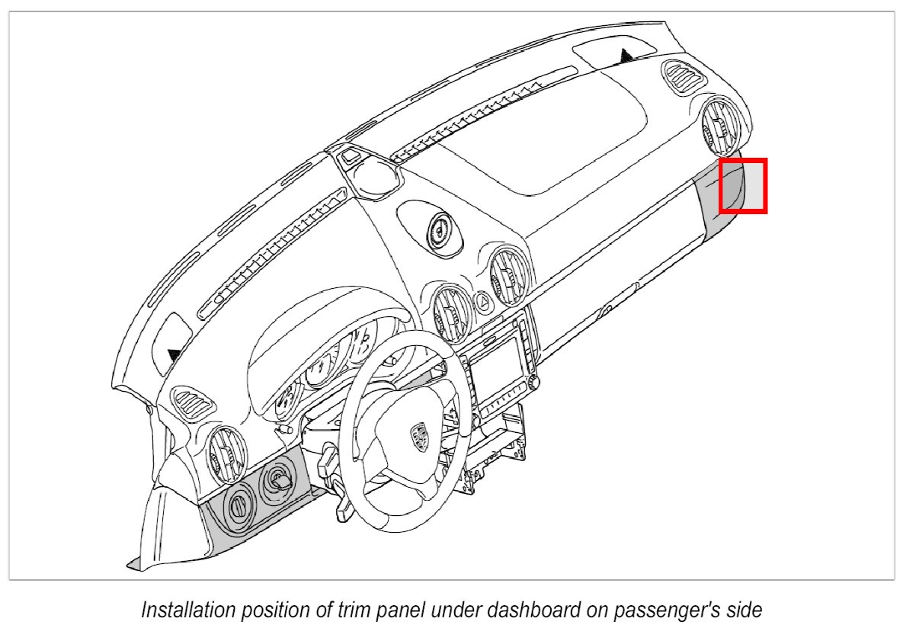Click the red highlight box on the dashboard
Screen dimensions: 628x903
tap(743, 185)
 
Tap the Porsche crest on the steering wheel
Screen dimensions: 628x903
tap(418, 437)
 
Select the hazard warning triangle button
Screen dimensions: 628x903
tap(483, 303)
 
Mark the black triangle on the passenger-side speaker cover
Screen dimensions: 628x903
tap(626, 55)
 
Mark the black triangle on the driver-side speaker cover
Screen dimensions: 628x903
tap(175, 354)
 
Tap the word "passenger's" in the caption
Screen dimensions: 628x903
tap(661, 611)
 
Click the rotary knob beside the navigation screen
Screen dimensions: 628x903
tap(531, 380)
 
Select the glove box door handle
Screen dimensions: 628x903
tap(607, 310)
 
